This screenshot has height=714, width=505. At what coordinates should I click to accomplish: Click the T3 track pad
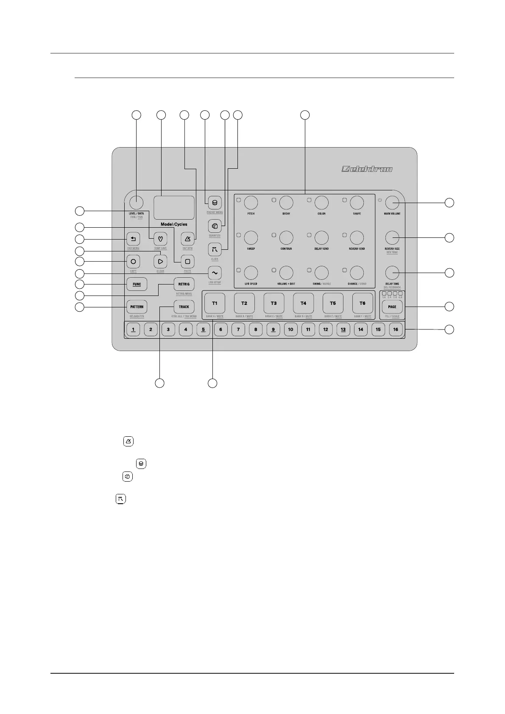[x=273, y=303]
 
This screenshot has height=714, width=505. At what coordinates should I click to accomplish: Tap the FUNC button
[x=137, y=284]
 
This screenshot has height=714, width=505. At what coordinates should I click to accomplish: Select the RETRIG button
[x=184, y=284]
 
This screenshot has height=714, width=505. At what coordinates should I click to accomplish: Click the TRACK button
[x=184, y=307]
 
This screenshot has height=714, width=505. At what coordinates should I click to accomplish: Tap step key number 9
[x=273, y=329]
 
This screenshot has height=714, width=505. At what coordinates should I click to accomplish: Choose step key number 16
[x=396, y=329]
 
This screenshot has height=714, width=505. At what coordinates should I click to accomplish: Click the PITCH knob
[x=251, y=203]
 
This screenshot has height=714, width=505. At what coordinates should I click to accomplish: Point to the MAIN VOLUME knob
[x=392, y=203]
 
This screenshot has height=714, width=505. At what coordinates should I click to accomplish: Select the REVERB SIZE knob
[x=392, y=237]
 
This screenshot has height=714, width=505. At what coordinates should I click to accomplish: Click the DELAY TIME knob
[x=392, y=272]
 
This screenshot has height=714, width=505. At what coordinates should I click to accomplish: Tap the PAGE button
[x=392, y=307]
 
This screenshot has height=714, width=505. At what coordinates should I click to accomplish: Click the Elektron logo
[x=367, y=169]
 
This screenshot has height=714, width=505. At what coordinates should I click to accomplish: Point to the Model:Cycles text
[x=174, y=224]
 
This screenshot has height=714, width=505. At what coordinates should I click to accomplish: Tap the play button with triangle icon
[x=160, y=262]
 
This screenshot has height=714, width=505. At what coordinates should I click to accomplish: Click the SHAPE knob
[x=357, y=203]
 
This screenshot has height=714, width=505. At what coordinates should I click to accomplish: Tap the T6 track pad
[x=362, y=303]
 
